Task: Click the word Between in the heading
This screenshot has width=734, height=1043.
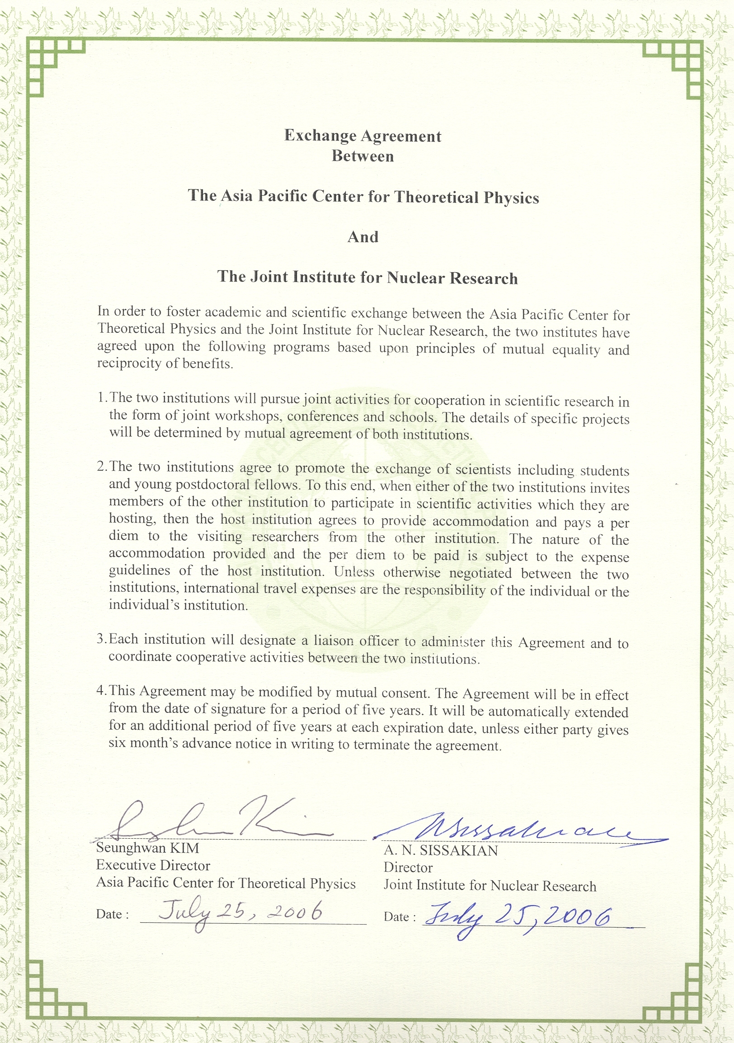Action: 362,156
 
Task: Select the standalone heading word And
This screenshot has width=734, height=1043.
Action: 362,236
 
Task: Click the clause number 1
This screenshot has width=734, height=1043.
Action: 101,397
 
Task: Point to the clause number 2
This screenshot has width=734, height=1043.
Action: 101,467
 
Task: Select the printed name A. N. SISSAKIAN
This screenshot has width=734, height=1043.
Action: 441,850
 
